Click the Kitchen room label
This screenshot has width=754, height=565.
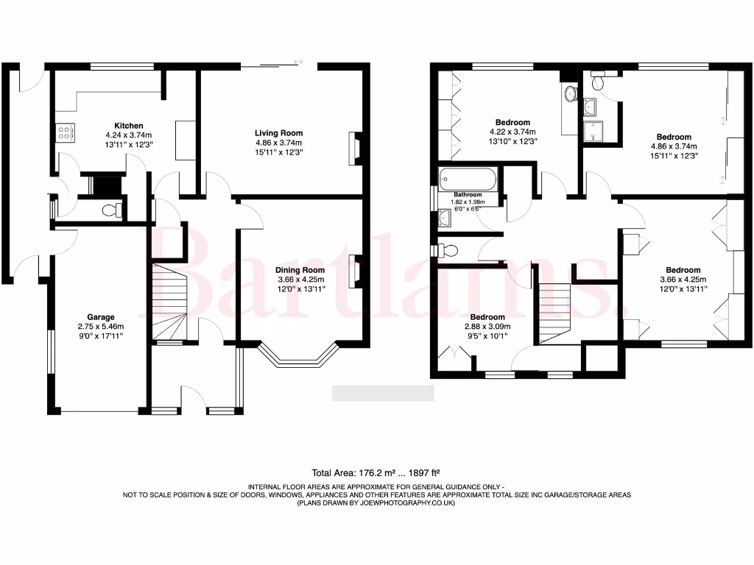pos(128,126)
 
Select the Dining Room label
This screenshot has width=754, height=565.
pos(300,270)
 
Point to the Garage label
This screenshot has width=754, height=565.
pos(102,317)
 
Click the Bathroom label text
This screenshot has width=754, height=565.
pos(468,194)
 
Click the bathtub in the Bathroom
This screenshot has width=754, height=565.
pos(468,180)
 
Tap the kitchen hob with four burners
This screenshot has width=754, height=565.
pos(64,132)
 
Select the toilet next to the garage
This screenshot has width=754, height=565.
pos(112,210)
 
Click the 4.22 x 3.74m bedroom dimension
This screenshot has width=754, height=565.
pos(512,132)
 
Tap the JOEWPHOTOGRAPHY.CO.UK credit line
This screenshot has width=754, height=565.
pos(376,503)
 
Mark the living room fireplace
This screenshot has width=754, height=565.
pos(356,147)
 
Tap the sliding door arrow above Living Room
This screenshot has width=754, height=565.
pos(298,62)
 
